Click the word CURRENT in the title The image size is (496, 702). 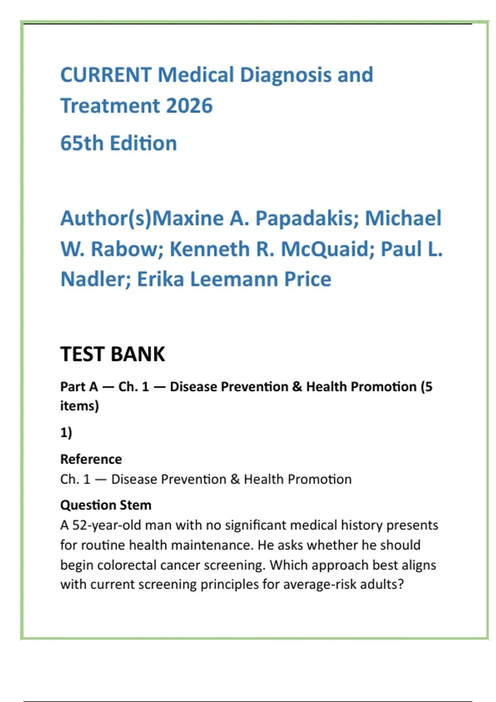pos(106,75)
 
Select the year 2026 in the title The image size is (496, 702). pos(189,106)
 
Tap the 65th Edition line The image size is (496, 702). pos(119,143)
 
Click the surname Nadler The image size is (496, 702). pos(95,279)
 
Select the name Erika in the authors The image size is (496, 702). pos(160,279)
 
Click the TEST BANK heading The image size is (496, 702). pos(112,354)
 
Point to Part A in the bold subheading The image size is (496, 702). pos(79,387)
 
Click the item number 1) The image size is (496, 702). pos(66,432)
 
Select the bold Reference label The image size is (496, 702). pos(91,459)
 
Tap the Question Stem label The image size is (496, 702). pos(106,505)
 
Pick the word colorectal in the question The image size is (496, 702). pos(127,565)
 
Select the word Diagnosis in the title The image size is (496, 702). pos(286,75)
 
